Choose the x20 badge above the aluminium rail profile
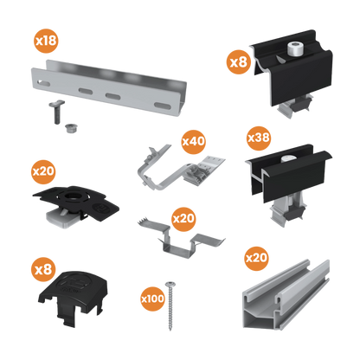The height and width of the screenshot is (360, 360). [x=257, y=257]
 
